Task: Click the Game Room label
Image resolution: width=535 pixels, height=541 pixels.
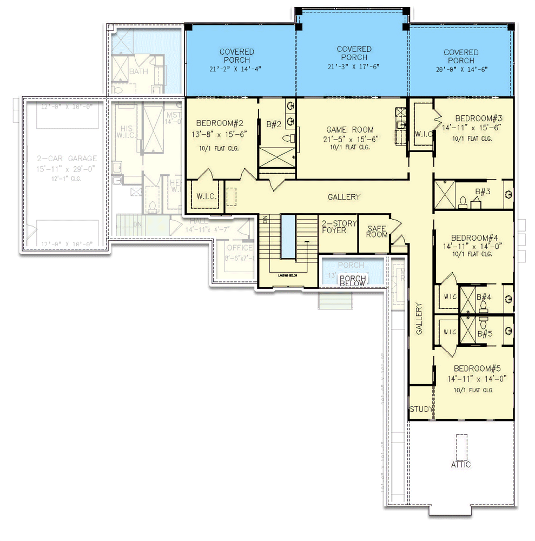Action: pyautogui.click(x=349, y=130)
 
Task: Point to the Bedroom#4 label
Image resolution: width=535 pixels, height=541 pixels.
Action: pyautogui.click(x=474, y=237)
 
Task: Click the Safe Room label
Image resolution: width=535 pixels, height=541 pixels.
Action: pyautogui.click(x=377, y=232)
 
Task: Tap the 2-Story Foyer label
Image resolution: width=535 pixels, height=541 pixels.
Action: pyautogui.click(x=339, y=228)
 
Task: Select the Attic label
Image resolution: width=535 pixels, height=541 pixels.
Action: pyautogui.click(x=461, y=464)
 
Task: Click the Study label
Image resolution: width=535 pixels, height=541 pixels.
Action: pyautogui.click(x=421, y=409)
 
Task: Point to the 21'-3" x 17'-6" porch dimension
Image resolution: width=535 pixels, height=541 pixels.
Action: pyautogui.click(x=354, y=67)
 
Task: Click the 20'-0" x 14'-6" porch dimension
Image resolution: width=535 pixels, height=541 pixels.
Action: pyautogui.click(x=461, y=69)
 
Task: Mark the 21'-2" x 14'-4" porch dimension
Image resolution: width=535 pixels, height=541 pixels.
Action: pyautogui.click(x=237, y=69)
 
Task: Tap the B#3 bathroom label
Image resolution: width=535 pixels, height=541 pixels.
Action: pyautogui.click(x=483, y=192)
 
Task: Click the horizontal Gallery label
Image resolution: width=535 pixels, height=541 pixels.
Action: pyautogui.click(x=344, y=197)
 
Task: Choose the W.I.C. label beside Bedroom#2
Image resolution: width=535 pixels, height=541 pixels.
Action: pyautogui.click(x=206, y=196)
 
